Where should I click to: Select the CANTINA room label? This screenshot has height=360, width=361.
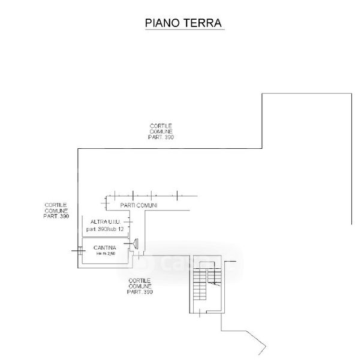pyautogui.click(x=104, y=248)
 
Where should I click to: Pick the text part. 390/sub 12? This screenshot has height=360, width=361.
pyautogui.click(x=107, y=230)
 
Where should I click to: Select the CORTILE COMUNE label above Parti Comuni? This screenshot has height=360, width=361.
pyautogui.click(x=161, y=131)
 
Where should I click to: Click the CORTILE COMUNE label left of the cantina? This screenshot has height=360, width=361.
pyautogui.click(x=56, y=210)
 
